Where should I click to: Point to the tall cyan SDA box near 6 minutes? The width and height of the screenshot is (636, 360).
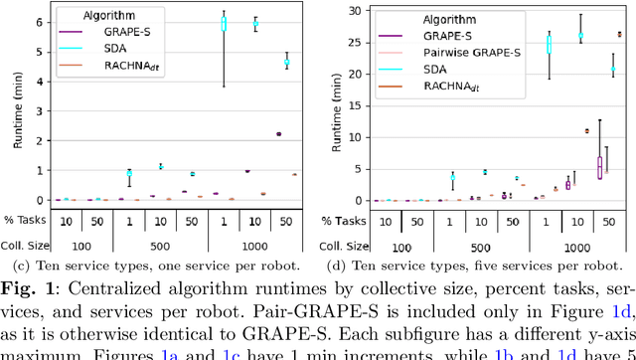224,25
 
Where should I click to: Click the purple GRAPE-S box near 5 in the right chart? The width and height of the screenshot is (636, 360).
599,167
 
